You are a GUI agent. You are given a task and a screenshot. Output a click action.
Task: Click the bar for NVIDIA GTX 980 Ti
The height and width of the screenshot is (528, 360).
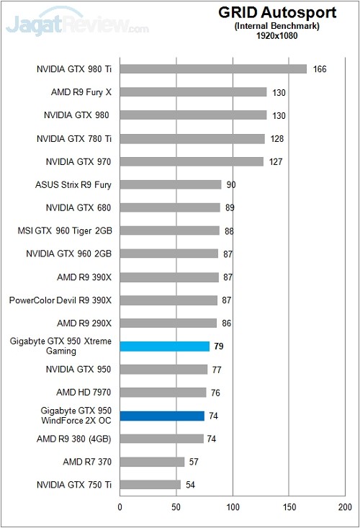213,69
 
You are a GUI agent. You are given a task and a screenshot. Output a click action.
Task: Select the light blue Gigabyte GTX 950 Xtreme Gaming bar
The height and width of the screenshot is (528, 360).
164,346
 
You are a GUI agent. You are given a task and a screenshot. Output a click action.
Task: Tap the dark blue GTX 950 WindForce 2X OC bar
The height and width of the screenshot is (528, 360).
162,416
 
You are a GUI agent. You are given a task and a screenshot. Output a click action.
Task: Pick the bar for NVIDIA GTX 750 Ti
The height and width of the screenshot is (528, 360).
150,485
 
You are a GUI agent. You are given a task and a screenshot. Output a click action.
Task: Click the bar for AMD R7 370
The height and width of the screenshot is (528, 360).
152,462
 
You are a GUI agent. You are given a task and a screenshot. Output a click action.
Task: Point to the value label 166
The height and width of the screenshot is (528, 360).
320,69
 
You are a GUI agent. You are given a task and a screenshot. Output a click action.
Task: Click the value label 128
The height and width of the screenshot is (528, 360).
277,138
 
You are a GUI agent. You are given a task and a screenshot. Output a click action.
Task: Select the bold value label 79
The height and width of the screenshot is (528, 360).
219,346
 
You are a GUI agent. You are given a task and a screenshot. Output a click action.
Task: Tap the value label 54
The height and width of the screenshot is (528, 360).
191,485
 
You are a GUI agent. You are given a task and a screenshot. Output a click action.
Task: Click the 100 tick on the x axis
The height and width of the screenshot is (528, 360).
233,507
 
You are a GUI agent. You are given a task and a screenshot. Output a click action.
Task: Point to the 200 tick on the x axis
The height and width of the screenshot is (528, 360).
345,507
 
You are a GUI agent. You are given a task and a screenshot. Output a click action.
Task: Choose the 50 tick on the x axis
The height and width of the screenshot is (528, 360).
176,507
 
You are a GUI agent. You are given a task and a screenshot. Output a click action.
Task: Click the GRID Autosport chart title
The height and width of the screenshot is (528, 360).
278,13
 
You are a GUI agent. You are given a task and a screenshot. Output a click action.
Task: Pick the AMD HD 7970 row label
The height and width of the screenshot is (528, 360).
84,393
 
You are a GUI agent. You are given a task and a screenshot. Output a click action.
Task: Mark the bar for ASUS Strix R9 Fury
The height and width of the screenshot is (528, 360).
171,184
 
